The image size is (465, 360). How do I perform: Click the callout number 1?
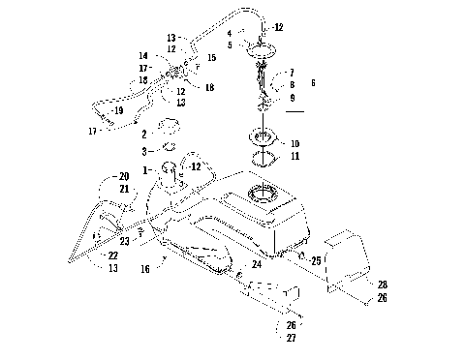(x=146, y=171)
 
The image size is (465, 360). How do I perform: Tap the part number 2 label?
(x=143, y=133)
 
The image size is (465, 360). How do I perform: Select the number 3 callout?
(x=143, y=151)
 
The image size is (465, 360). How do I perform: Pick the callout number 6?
(x=312, y=84)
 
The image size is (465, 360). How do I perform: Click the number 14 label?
(x=142, y=56)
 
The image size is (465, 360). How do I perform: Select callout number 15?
(x=212, y=58)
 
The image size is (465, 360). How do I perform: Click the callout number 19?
(x=120, y=111)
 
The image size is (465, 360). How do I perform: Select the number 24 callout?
(x=257, y=263)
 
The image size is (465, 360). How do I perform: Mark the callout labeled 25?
(x=316, y=260)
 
